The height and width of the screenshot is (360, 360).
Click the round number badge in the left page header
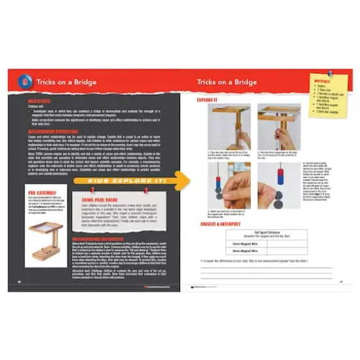(x=26, y=82)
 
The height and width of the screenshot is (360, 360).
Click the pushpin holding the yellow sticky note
(x=329, y=73)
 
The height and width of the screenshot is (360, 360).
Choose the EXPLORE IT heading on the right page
(x=208, y=99)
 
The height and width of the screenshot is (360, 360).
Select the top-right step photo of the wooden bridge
(x=279, y=126)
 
